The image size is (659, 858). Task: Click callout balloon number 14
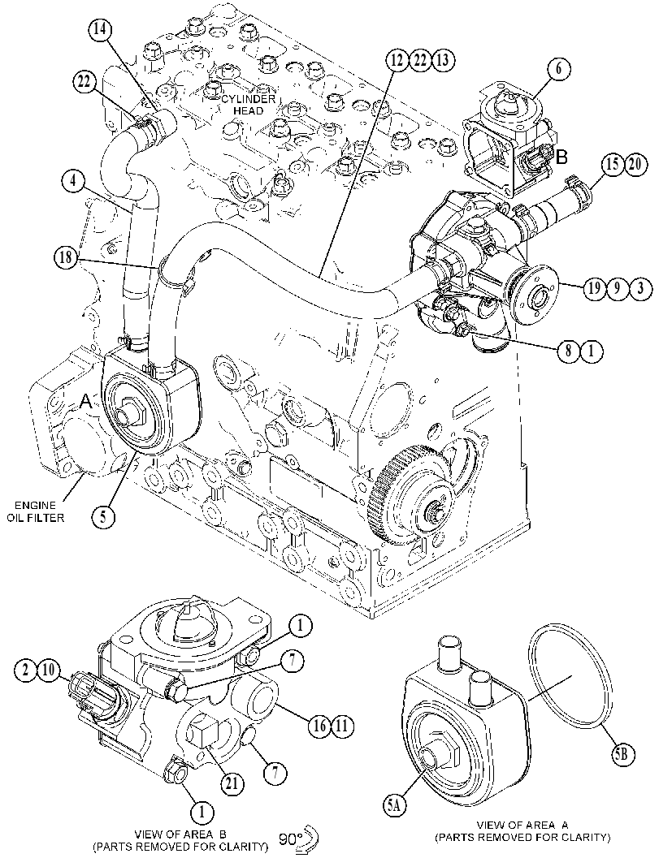point(98,29)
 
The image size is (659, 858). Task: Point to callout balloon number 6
point(559,69)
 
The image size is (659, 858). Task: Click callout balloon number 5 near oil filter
point(103,515)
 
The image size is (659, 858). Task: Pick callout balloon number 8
point(569,350)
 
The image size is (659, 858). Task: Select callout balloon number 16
point(321,726)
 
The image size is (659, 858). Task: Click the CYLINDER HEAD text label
point(247,104)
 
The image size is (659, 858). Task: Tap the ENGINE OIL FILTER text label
point(36,510)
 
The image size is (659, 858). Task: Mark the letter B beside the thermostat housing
point(561,157)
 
